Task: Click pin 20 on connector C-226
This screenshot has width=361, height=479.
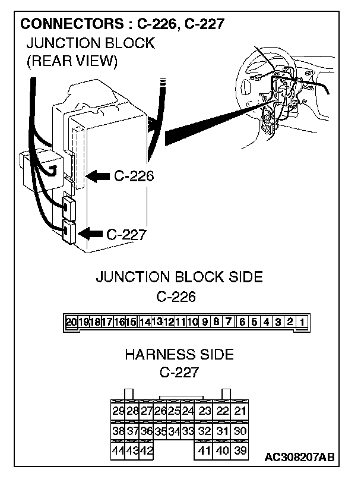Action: [x=71, y=323]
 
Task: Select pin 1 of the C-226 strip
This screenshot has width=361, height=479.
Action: [x=302, y=323]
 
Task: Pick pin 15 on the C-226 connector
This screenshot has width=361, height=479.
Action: [x=131, y=323]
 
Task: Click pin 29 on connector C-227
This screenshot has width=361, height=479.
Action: [x=118, y=411]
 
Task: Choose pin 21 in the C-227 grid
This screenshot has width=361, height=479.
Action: [x=240, y=411]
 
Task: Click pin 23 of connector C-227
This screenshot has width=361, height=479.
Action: [x=205, y=411]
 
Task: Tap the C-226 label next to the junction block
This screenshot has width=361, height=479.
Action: [x=134, y=177]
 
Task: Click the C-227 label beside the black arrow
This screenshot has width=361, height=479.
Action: [x=126, y=234]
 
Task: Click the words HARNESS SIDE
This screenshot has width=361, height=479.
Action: [x=179, y=355]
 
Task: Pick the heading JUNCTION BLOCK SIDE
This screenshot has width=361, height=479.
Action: [x=179, y=278]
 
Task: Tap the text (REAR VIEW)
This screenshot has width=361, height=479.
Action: [x=72, y=61]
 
